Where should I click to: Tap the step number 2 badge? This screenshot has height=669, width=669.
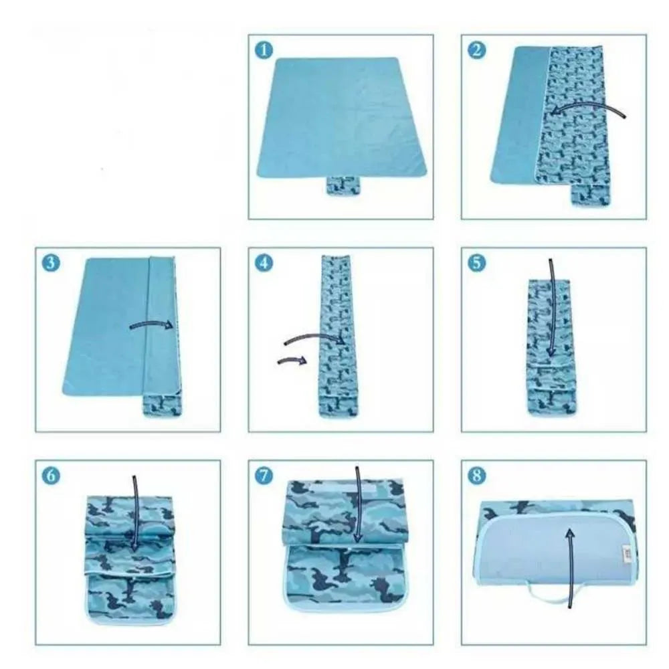pyautogui.click(x=476, y=50)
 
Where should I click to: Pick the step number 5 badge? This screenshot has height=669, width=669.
pyautogui.click(x=476, y=263)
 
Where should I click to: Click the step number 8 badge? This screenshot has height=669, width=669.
pyautogui.click(x=476, y=476)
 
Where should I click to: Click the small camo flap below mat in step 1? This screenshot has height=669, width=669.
pyautogui.click(x=342, y=186)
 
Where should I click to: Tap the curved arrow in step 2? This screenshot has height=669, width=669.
pyautogui.click(x=589, y=107)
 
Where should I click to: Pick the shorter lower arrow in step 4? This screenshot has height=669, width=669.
pyautogui.click(x=292, y=361)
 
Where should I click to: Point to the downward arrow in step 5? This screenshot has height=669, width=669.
pyautogui.click(x=551, y=308)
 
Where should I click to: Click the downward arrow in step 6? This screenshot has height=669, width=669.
pyautogui.click(x=135, y=515)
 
